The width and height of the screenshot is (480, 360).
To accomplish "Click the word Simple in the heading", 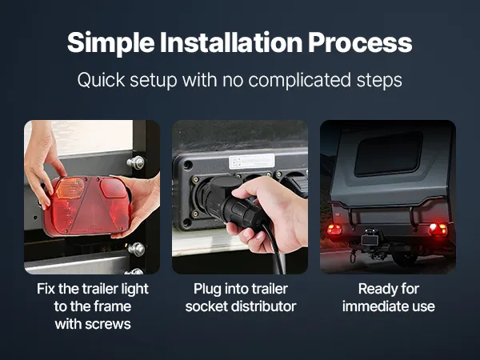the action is [x=111, y=43].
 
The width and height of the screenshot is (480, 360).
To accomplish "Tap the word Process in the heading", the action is [x=360, y=43].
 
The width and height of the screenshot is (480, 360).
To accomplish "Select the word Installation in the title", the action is [x=231, y=42].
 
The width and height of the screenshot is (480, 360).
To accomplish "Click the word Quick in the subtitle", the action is [x=101, y=81].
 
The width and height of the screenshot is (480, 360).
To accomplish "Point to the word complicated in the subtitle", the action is [x=299, y=81].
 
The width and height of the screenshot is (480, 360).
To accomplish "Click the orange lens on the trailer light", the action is [x=70, y=188].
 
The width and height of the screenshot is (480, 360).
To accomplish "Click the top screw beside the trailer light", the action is [x=136, y=162].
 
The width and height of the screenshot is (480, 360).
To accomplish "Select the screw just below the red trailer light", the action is [x=137, y=250].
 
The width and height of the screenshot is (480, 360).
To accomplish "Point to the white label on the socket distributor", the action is [x=252, y=162].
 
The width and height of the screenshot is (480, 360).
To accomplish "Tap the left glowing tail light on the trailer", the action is [x=334, y=229].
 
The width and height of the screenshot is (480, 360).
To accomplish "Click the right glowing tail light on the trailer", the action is [x=438, y=230].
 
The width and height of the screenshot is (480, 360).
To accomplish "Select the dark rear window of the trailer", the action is [x=388, y=154].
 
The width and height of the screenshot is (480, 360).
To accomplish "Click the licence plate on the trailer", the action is [x=369, y=240].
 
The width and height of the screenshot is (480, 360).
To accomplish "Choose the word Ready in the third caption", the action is [x=373, y=290].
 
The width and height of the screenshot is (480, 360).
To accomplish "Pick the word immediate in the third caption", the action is [x=369, y=306].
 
